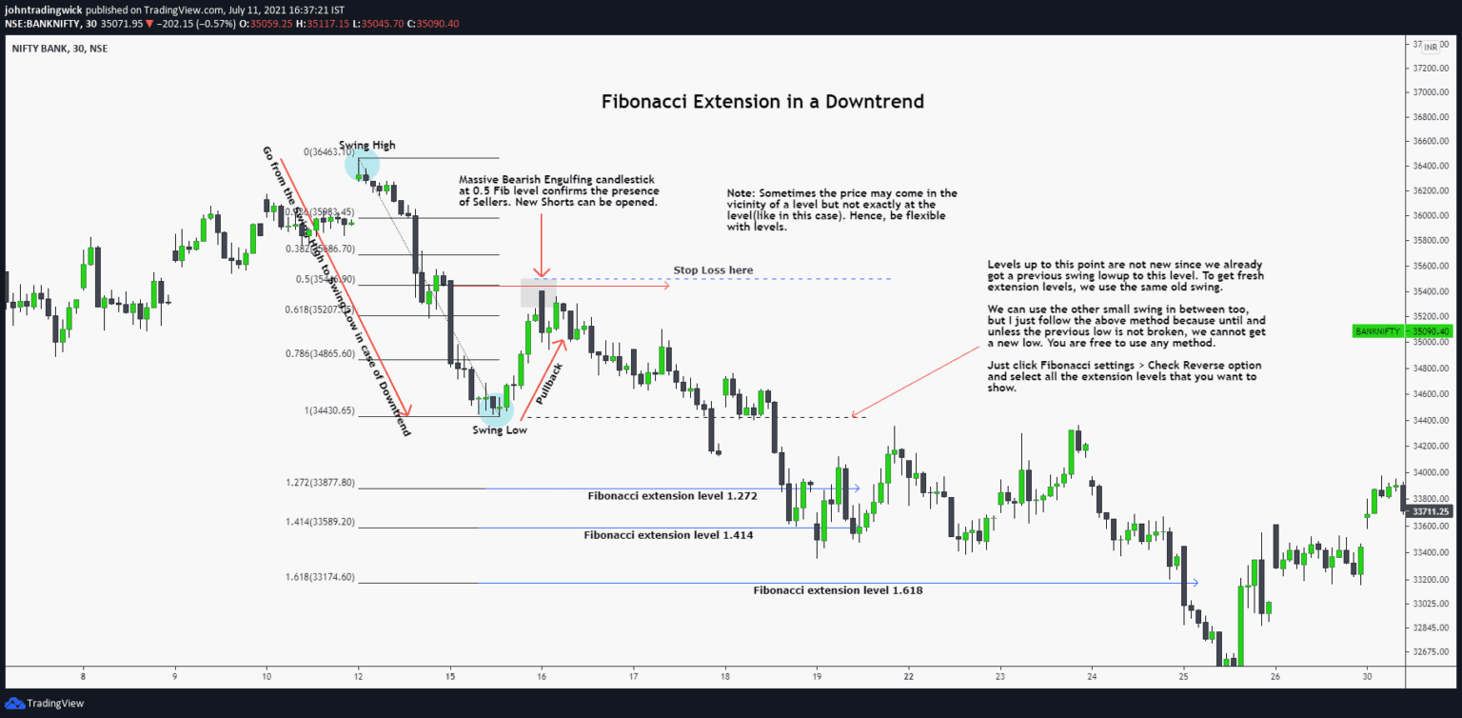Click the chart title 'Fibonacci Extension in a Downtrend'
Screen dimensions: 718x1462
coord(762,101)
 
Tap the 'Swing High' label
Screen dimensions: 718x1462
coord(366,146)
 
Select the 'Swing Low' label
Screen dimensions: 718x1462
coord(499,430)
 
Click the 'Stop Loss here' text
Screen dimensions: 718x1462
coord(713,270)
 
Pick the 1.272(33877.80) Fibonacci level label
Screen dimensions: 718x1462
coord(320,483)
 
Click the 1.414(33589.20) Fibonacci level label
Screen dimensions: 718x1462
coord(320,522)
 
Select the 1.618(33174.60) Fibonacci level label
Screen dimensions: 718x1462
coord(320,577)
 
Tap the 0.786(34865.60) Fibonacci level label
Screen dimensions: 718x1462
coord(320,353)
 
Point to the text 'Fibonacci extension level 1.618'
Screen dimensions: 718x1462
coord(838,590)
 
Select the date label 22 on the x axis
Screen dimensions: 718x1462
coord(909,676)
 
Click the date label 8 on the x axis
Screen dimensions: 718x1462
coord(83,676)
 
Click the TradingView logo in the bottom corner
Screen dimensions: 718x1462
coord(45,703)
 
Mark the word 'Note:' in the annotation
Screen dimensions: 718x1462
coord(741,193)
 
